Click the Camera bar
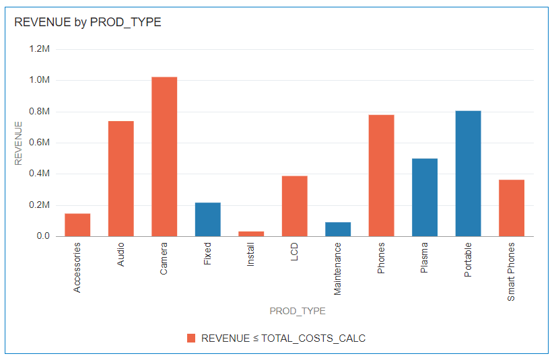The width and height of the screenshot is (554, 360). pyautogui.click(x=164, y=156)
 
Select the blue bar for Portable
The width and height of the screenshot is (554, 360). pyautogui.click(x=468, y=173)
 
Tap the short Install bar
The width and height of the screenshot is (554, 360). pyautogui.click(x=251, y=233)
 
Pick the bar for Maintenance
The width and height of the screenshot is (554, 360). pyautogui.click(x=338, y=229)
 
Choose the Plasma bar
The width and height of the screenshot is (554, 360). pyautogui.click(x=425, y=197)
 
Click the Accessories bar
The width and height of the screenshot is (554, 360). pyautogui.click(x=77, y=225)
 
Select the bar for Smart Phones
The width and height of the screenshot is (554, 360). pyautogui.click(x=512, y=208)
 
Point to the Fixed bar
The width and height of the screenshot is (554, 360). pyautogui.click(x=207, y=219)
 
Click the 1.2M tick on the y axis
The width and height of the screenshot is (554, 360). pyautogui.click(x=40, y=49)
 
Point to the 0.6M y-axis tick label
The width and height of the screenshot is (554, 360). pyautogui.click(x=40, y=143)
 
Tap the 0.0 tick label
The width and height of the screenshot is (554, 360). pyautogui.click(x=43, y=236)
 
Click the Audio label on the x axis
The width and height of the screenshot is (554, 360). pyautogui.click(x=121, y=254)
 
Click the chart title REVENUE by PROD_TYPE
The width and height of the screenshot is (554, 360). pyautogui.click(x=88, y=22)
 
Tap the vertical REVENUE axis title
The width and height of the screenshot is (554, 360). pyautogui.click(x=19, y=143)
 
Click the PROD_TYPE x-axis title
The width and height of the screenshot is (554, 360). pyautogui.click(x=298, y=311)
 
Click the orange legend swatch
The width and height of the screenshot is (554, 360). pyautogui.click(x=191, y=338)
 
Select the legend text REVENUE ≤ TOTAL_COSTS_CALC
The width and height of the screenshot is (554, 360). pyautogui.click(x=283, y=338)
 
